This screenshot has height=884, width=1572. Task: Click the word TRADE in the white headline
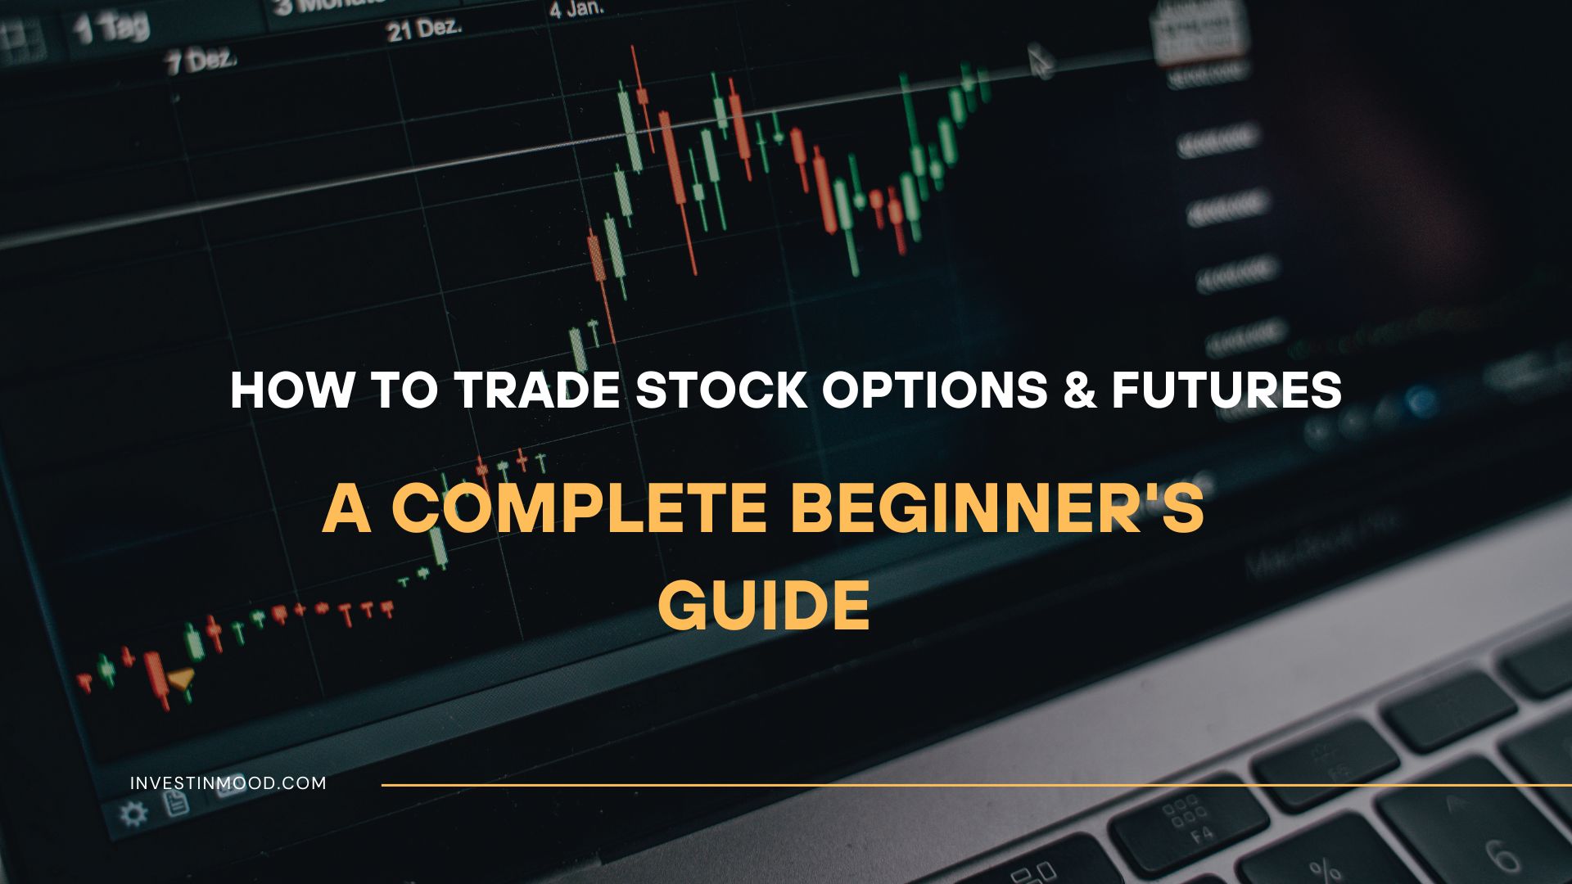tap(536, 390)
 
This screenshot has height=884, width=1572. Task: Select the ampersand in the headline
tap(1079, 390)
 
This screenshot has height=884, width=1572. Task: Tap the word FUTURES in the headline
tap(1226, 390)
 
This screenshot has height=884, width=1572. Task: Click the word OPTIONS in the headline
tap(934, 390)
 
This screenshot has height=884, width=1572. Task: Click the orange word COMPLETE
tap(579, 509)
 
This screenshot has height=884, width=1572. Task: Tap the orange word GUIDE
tap(764, 606)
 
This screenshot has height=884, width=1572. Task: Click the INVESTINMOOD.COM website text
tap(228, 783)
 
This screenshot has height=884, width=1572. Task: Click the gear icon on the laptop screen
tap(133, 814)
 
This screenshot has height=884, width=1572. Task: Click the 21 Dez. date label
tap(424, 30)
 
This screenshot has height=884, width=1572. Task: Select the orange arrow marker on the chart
tap(181, 678)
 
